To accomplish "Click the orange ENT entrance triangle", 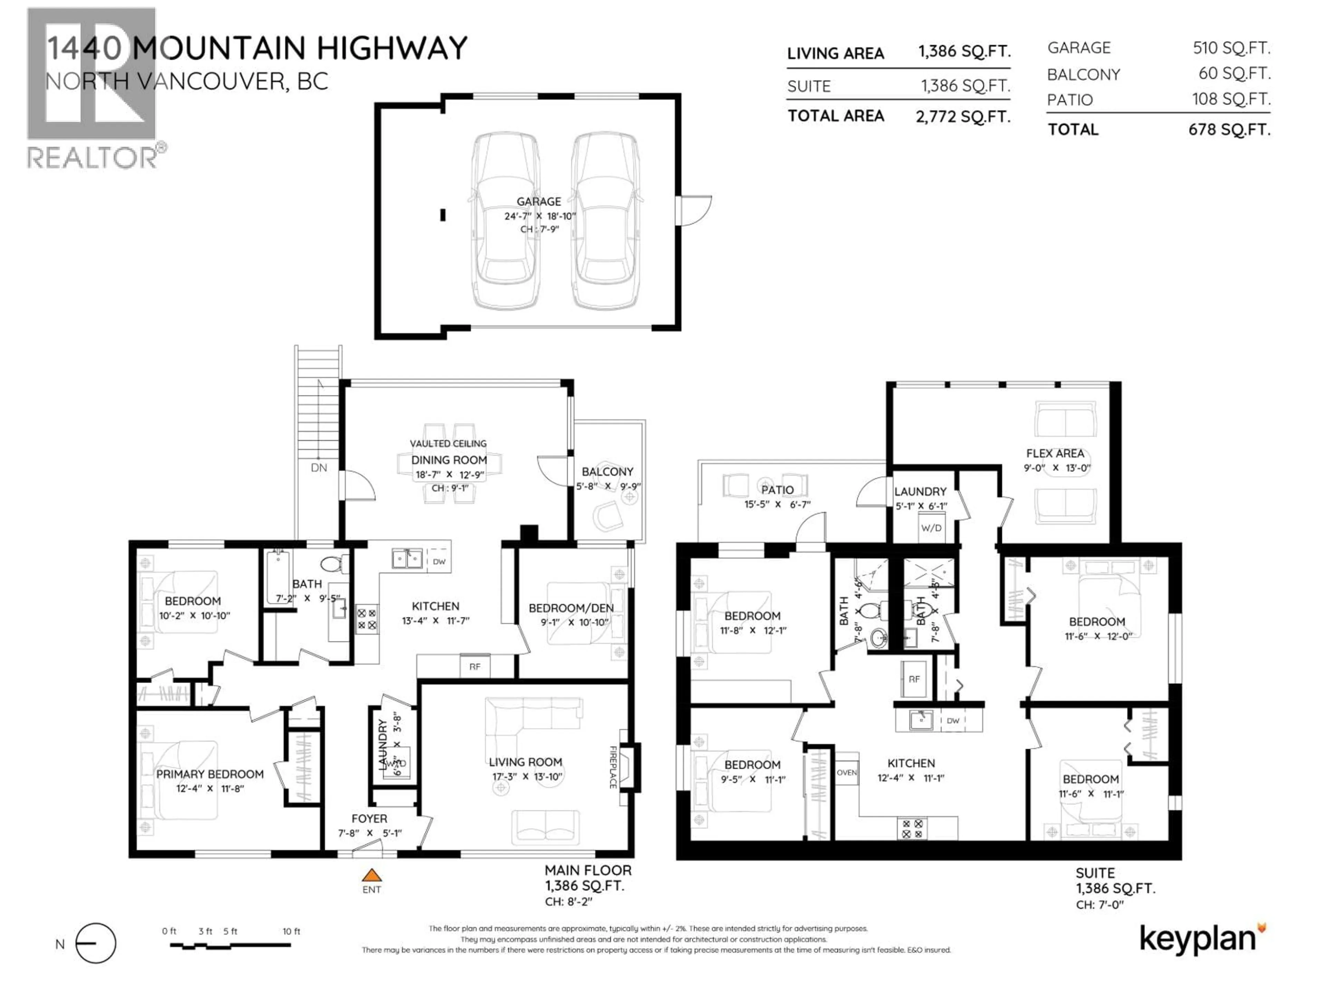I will point(372,875).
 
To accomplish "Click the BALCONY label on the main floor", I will point(607,471).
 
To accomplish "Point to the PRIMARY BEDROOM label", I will point(210,774).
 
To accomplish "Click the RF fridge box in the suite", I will point(914,679).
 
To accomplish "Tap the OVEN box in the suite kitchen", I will point(846,773).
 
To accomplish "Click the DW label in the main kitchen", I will point(439,562).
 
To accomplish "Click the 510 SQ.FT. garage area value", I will point(1231,48).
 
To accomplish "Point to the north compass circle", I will point(96,943).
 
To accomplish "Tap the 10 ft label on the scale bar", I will point(291,931).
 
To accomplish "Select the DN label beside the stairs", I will point(319,467).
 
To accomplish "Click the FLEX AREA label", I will point(1055,454).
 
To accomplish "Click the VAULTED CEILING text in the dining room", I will point(448,444).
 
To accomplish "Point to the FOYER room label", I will point(369,818).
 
